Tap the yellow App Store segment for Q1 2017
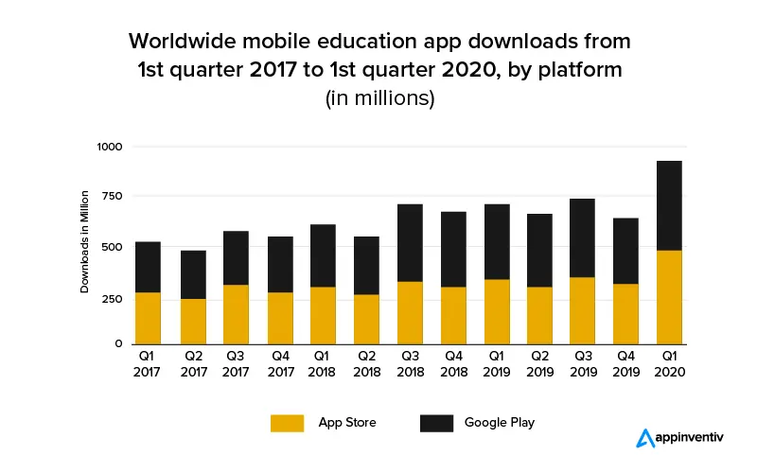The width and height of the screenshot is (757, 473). (148, 318)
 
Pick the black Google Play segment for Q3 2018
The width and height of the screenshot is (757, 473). (410, 243)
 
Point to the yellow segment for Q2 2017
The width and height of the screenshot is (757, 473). (192, 321)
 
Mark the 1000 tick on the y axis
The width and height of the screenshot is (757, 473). (111, 147)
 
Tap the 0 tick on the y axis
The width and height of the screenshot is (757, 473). (119, 343)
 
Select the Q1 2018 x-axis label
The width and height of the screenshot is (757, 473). (323, 364)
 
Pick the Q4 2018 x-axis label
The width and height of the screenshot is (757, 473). (453, 364)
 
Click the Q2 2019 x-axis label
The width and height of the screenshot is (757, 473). (540, 364)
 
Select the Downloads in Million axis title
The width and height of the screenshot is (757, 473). (84, 241)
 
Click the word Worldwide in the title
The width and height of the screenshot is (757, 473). (190, 43)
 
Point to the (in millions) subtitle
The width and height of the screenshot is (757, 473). (378, 98)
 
